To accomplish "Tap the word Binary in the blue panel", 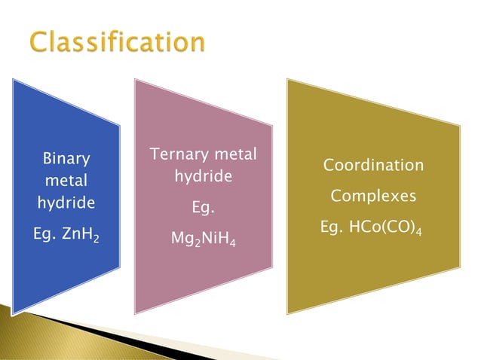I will [x=66, y=159].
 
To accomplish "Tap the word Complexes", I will [x=373, y=196].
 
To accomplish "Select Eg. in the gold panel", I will [x=334, y=227].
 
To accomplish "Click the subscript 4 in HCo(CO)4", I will [x=418, y=231].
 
